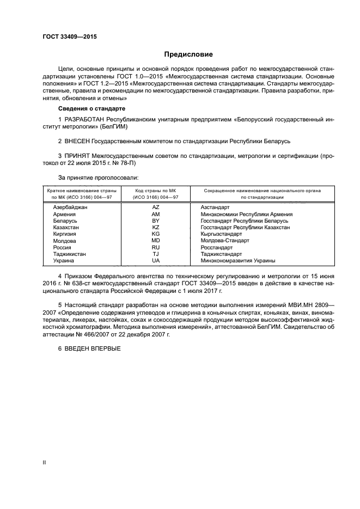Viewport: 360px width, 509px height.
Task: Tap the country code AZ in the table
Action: tap(156, 207)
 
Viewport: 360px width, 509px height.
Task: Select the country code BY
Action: tap(156, 220)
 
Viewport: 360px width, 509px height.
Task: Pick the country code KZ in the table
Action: tap(156, 227)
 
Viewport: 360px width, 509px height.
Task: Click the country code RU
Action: tap(156, 247)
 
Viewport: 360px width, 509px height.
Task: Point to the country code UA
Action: tap(156, 260)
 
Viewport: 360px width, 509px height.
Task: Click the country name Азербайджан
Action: tap(70, 207)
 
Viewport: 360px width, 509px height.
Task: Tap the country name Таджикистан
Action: tap(69, 254)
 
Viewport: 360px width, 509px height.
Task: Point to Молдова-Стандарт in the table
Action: tap(224, 240)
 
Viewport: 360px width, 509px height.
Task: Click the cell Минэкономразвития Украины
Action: tap(238, 260)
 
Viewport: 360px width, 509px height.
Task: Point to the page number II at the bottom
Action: tap(44, 462)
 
